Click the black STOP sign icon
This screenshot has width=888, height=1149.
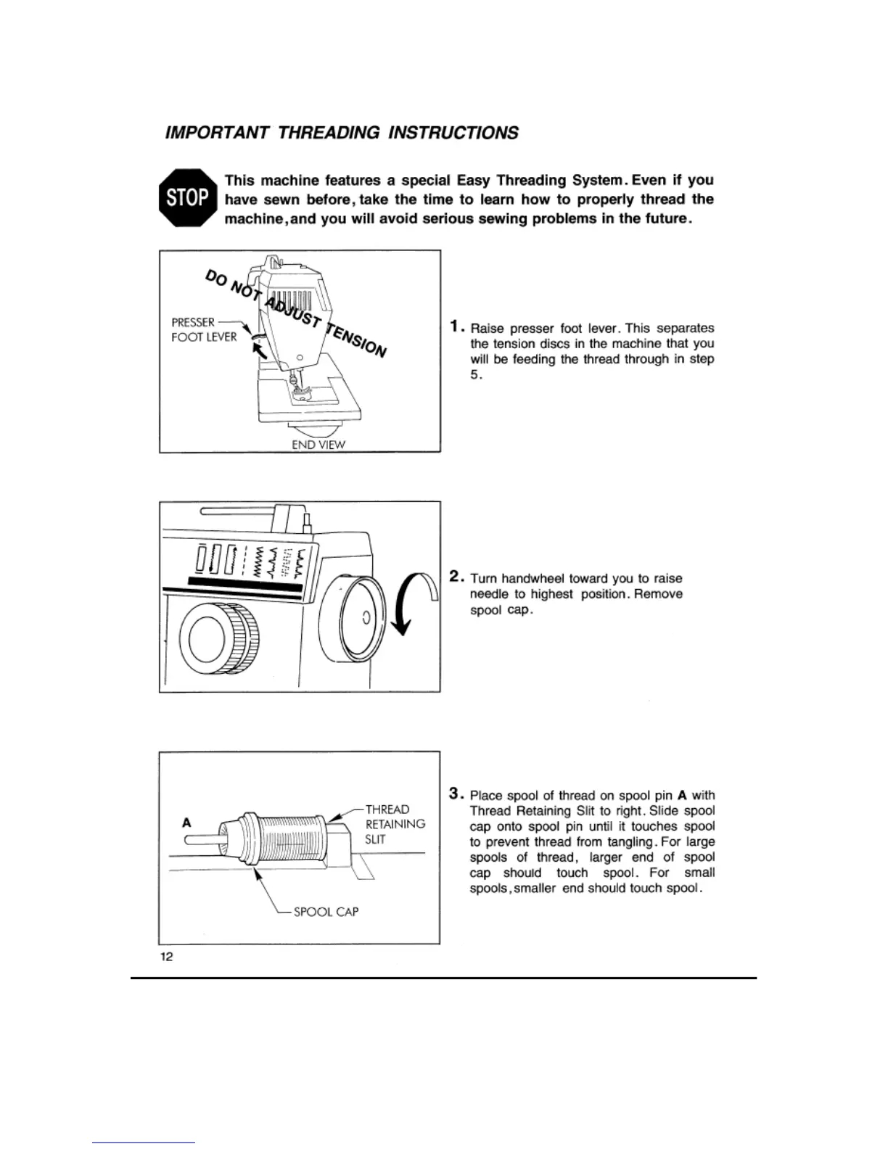point(188,198)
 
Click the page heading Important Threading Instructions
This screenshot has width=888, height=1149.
point(342,133)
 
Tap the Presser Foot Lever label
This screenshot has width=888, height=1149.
point(204,329)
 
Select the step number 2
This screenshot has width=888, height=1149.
point(456,577)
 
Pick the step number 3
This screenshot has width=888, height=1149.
point(456,794)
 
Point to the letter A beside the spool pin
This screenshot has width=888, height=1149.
point(186,823)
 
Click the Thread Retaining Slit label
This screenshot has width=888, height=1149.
point(395,824)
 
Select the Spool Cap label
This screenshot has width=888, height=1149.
point(326,911)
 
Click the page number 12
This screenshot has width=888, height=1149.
point(167,956)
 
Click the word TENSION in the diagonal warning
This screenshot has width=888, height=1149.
point(356,339)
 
